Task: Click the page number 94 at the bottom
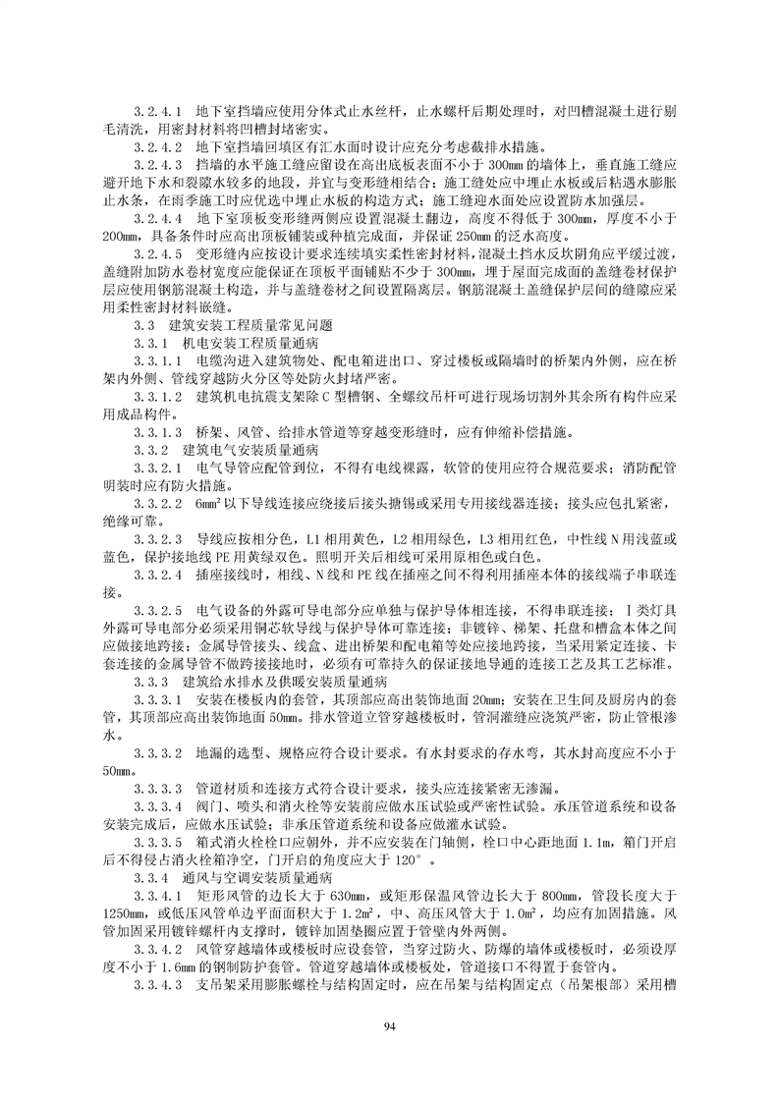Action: click(390, 1023)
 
